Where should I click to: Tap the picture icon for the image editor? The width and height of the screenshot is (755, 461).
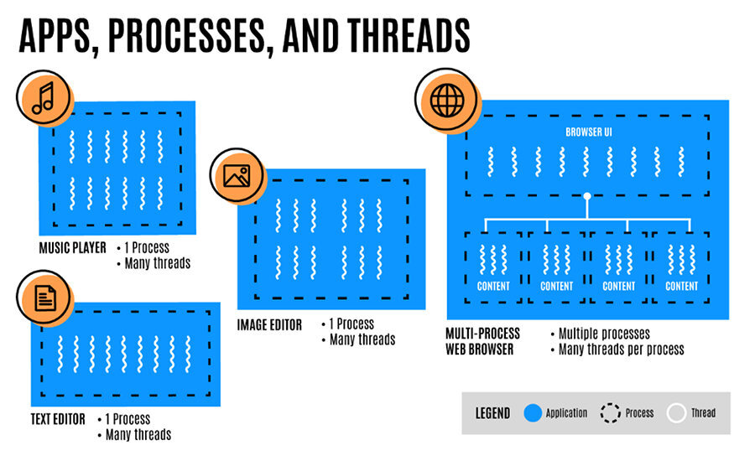click(235, 175)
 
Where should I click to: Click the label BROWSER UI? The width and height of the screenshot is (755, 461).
click(587, 132)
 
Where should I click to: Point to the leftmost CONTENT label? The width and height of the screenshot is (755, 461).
click(494, 286)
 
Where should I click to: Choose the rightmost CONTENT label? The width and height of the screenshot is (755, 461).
click(682, 286)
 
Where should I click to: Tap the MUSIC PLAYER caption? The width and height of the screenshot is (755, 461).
click(73, 248)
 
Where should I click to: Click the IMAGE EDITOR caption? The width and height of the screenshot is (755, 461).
click(269, 325)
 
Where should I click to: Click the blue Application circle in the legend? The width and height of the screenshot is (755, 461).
click(530, 412)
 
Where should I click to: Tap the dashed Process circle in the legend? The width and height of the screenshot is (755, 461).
click(611, 412)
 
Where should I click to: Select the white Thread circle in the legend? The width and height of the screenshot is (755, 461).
click(676, 412)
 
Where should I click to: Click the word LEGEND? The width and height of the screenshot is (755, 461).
click(492, 413)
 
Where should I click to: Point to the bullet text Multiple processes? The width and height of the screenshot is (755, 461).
click(604, 334)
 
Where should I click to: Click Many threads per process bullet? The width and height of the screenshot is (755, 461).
click(621, 349)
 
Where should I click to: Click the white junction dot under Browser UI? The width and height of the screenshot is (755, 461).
click(588, 196)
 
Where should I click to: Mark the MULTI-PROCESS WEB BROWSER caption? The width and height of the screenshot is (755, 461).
click(483, 341)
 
